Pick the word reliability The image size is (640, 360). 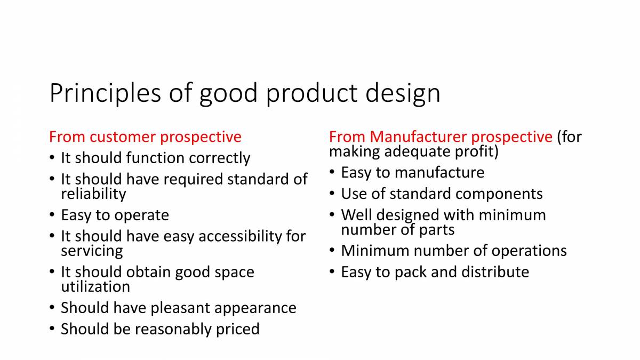93,194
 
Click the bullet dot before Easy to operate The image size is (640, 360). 51,215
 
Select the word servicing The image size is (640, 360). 92,250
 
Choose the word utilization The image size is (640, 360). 95,286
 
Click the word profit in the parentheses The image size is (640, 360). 475,151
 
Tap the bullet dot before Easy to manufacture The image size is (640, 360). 332,172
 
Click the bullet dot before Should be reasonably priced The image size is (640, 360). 51,329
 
